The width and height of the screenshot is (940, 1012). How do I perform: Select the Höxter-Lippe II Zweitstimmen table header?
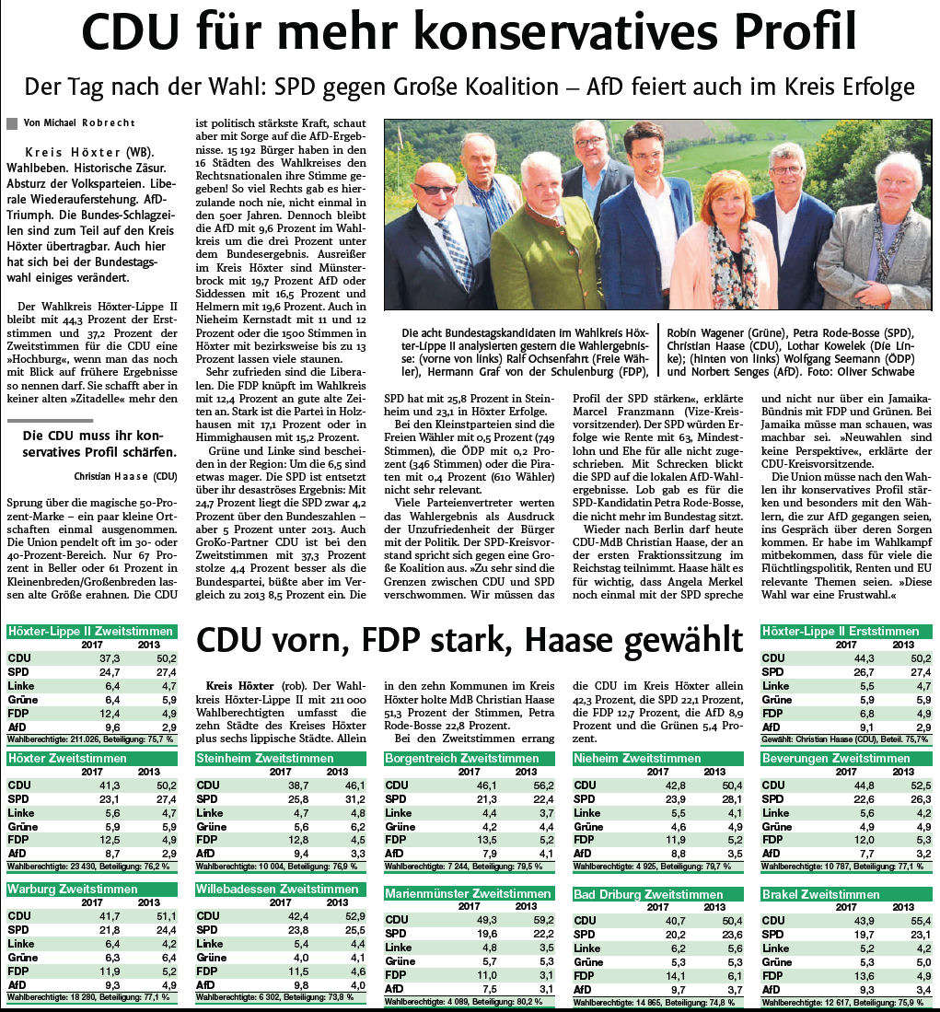[90, 632]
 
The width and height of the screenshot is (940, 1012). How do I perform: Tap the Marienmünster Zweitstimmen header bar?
[468, 893]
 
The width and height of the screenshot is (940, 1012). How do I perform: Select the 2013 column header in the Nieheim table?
[714, 772]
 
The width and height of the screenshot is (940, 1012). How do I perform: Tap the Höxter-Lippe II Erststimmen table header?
[841, 632]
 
